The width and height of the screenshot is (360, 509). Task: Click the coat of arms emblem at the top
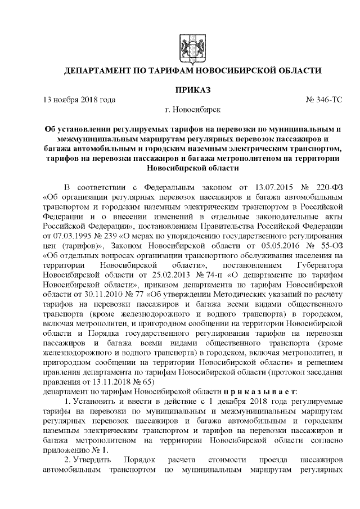186,46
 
